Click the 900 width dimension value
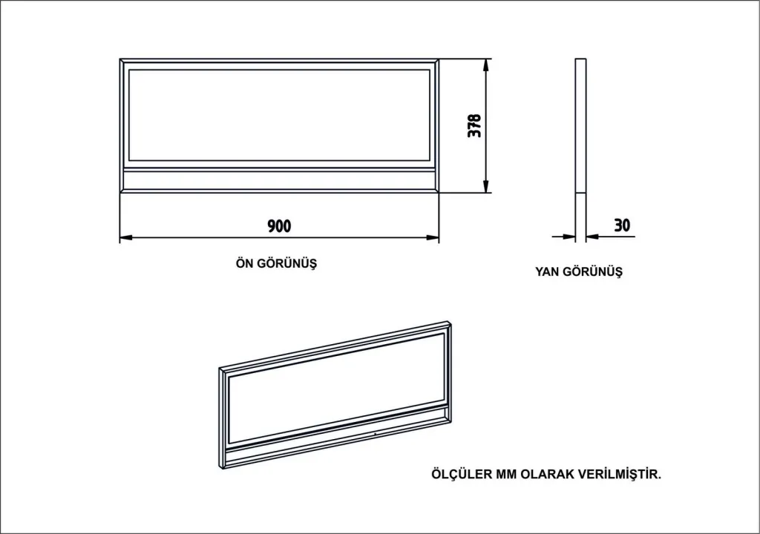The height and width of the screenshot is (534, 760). (279, 225)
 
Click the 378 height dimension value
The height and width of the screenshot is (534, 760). (474, 125)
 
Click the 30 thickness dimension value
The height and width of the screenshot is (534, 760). (622, 225)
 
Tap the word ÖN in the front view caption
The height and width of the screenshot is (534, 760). (244, 263)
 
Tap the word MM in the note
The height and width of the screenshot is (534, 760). (505, 474)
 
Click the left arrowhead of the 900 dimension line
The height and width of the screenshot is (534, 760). (125, 237)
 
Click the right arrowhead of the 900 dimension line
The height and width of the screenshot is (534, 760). (433, 237)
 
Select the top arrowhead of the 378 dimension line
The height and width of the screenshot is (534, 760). (485, 65)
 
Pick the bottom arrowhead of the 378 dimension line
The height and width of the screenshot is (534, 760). (485, 186)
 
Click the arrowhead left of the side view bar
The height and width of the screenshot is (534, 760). (569, 237)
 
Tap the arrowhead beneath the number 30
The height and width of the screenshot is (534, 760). (592, 237)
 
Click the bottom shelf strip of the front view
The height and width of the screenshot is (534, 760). (279, 179)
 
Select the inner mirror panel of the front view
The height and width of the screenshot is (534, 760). (279, 115)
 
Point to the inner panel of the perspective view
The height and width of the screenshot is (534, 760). (336, 388)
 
